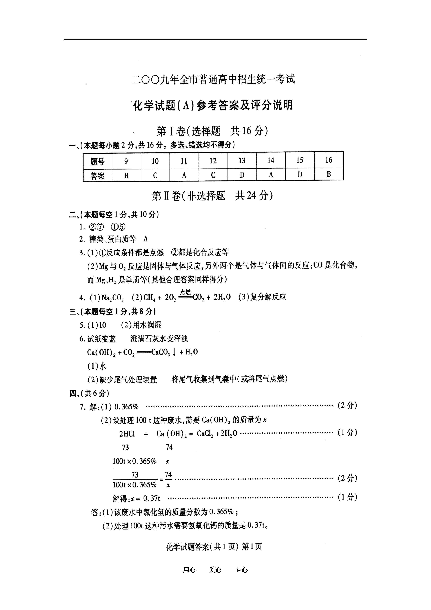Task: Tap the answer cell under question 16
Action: pyautogui.click(x=329, y=174)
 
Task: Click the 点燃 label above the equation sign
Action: pyautogui.click(x=185, y=292)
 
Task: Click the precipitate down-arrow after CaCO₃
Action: pyautogui.click(x=174, y=352)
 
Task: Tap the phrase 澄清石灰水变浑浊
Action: pyautogui.click(x=159, y=338)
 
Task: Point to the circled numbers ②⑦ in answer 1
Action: pyautogui.click(x=96, y=227)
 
